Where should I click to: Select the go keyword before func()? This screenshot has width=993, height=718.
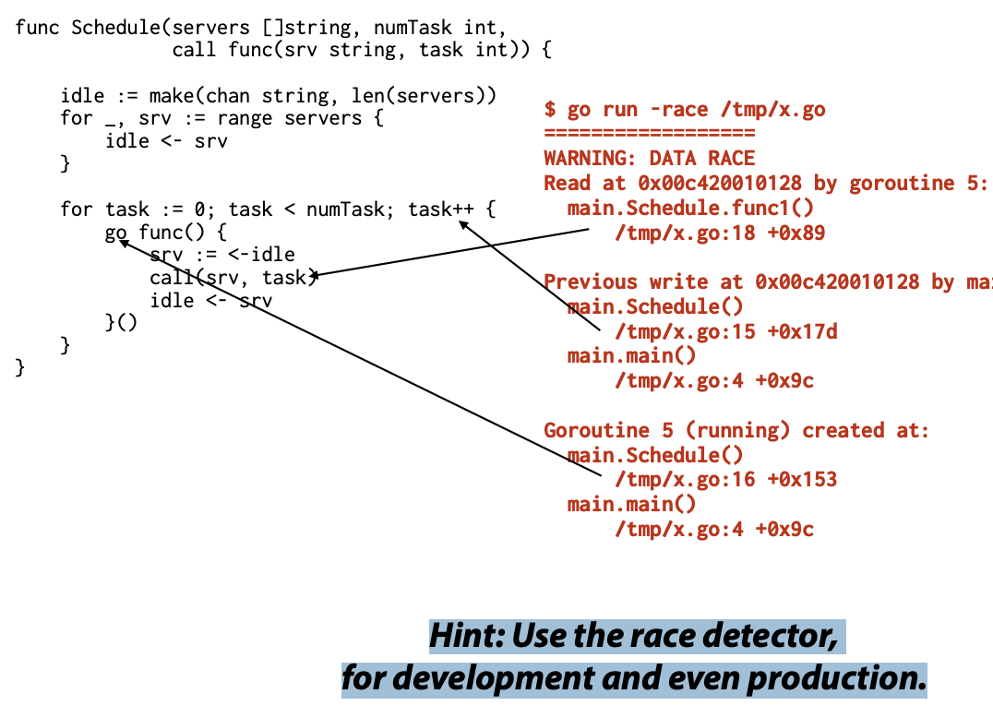tap(116, 233)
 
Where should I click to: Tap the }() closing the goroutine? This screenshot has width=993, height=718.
tap(121, 322)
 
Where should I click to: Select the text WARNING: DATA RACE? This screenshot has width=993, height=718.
tap(649, 159)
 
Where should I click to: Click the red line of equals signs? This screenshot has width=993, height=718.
tap(649, 133)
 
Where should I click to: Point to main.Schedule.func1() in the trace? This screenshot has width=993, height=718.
tap(690, 208)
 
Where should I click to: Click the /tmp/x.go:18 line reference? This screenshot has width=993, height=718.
tap(685, 233)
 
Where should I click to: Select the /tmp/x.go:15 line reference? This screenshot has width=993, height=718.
tap(685, 331)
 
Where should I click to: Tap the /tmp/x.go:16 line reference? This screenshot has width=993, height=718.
tap(685, 479)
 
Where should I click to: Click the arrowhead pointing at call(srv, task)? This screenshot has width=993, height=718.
tap(315, 275)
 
